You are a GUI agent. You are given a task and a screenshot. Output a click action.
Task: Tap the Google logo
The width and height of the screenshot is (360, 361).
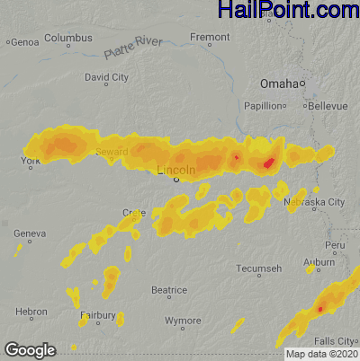[30, 349]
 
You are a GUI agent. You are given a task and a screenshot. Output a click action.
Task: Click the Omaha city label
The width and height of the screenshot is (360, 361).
[278, 84]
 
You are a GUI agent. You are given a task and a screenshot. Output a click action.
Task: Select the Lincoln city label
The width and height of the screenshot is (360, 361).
[175, 170]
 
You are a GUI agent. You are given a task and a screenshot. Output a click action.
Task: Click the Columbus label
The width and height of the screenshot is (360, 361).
[68, 39]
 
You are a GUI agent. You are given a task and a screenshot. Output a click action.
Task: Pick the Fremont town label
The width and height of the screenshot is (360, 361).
[210, 38]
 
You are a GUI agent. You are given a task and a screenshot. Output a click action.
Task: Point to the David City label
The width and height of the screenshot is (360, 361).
[106, 77]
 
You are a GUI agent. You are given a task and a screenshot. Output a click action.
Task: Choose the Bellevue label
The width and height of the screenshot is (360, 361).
[327, 105]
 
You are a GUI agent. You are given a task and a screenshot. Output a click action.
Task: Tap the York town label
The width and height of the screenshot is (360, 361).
[31, 161]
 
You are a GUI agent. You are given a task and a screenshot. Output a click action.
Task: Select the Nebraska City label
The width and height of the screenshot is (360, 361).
[323, 202]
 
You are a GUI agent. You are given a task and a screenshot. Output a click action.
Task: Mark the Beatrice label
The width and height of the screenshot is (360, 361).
[168, 290]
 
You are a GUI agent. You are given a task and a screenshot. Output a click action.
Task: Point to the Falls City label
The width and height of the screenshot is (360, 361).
[338, 341]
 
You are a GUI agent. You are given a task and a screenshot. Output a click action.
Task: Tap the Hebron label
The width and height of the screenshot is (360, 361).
[31, 311]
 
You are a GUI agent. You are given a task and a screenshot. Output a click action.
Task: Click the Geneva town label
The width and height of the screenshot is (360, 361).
[30, 233]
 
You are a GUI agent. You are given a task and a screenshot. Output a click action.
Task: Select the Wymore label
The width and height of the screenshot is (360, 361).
[183, 320]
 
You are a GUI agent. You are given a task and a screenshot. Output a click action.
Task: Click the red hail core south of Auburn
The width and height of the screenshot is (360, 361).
[319, 309]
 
